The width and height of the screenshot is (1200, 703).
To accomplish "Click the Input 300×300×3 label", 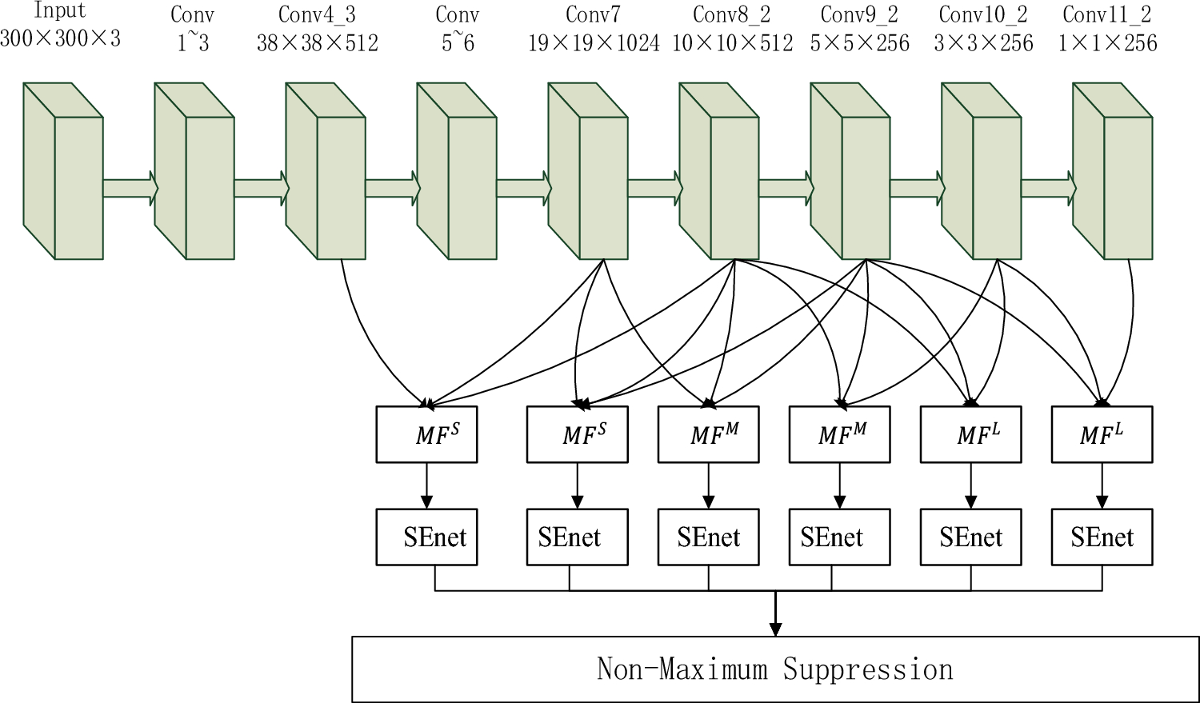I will click(x=60, y=26).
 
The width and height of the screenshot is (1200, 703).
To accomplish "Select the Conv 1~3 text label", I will click(x=193, y=29).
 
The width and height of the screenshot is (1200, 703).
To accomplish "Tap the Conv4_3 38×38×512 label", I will click(x=317, y=29).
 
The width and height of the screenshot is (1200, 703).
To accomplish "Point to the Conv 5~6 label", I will click(x=458, y=29).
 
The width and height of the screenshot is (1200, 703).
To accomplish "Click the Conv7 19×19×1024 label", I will click(x=594, y=29).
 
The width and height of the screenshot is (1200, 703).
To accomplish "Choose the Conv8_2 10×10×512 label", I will click(x=731, y=29).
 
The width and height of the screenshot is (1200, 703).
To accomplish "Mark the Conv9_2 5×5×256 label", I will click(x=859, y=29).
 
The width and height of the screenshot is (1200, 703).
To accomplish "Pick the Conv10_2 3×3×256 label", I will click(x=983, y=29).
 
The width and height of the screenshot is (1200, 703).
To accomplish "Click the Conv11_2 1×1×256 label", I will click(x=1107, y=29).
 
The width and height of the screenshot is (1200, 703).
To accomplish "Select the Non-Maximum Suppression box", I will click(x=775, y=669).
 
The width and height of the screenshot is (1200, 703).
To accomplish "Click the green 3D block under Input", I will click(x=63, y=171).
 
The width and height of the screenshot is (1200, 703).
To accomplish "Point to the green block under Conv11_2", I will click(x=1113, y=171).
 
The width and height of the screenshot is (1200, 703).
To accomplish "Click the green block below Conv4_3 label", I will click(x=326, y=171).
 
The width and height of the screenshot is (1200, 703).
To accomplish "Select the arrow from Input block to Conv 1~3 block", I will click(x=130, y=188).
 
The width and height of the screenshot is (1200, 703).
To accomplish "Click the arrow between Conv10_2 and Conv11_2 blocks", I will click(x=1048, y=188).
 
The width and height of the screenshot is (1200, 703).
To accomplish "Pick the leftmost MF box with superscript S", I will click(x=426, y=434).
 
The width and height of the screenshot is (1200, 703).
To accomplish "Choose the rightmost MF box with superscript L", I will click(x=1102, y=434).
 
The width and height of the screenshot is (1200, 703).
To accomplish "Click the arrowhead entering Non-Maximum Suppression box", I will click(x=775, y=628).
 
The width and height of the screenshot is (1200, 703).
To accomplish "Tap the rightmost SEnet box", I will click(x=1102, y=537).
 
